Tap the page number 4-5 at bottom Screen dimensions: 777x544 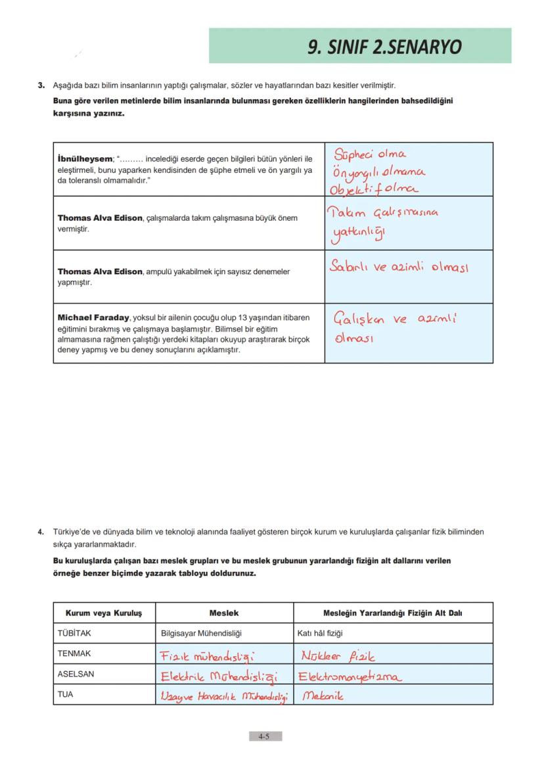[x=265, y=737]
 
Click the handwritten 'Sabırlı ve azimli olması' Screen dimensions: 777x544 [x=400, y=268]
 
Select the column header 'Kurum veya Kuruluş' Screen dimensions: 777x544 [x=103, y=613]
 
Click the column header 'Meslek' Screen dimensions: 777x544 [x=224, y=613]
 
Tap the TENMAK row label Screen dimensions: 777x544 [x=74, y=653]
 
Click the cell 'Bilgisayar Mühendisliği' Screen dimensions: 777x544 [x=202, y=634]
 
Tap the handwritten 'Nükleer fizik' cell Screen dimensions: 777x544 [x=338, y=655]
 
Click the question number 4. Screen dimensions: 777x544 [x=40, y=531]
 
